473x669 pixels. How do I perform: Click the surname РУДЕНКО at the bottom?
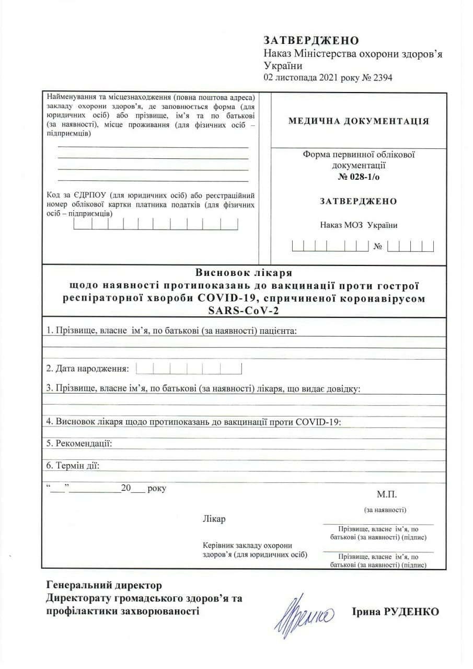(410, 612)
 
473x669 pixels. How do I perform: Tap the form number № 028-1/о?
(359, 177)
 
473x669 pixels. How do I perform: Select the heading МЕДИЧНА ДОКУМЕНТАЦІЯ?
(359, 121)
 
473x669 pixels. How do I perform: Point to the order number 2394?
(382, 78)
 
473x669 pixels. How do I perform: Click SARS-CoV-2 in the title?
(244, 310)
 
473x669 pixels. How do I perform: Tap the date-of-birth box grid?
(189, 368)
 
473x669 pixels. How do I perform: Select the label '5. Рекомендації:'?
(79, 443)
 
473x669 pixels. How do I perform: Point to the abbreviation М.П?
(387, 494)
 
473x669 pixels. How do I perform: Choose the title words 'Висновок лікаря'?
(244, 273)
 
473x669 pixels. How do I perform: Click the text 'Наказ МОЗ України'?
(359, 225)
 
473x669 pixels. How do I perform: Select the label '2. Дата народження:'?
(87, 368)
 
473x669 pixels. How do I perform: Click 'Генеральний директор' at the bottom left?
(104, 585)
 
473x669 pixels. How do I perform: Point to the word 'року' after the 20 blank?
(157, 489)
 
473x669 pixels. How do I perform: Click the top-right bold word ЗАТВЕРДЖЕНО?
(312, 41)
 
